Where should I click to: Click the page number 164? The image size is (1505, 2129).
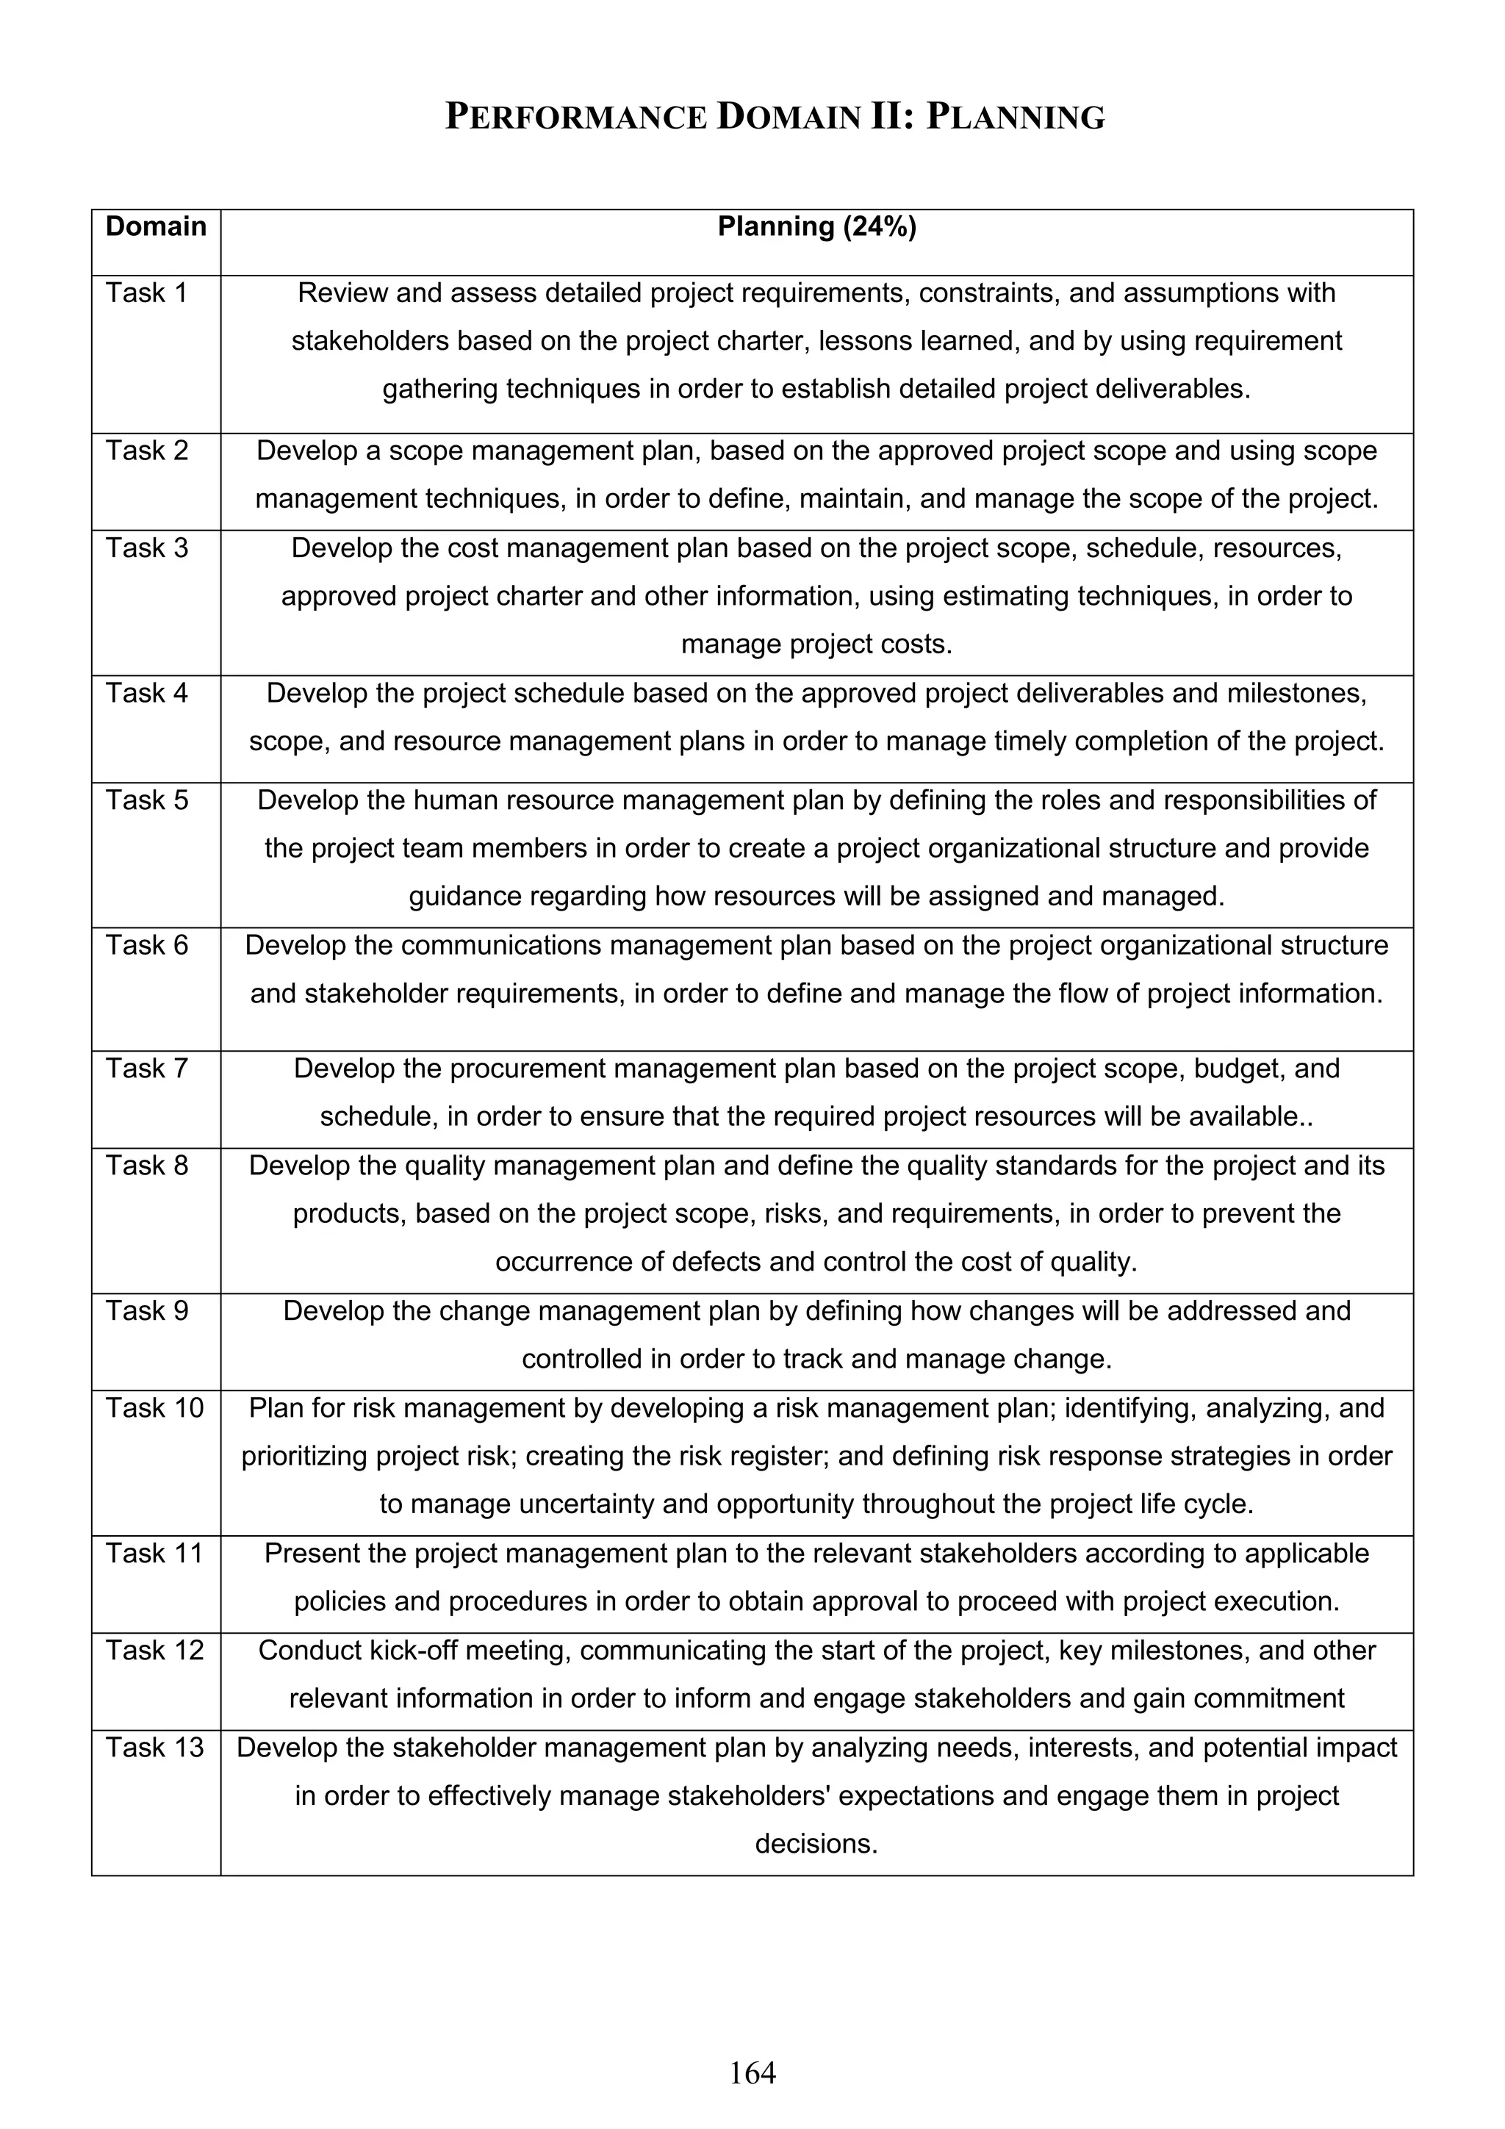point(752,2072)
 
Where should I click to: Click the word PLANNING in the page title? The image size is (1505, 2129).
point(1016,118)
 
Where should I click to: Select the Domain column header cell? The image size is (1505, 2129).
point(156,227)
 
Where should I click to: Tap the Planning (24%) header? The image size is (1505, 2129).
point(816,227)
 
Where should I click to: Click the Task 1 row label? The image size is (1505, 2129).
point(146,293)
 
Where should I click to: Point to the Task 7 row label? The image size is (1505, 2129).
point(146,1069)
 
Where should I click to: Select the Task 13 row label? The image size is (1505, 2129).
point(154,1747)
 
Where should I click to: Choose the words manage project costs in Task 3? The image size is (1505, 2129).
point(816,645)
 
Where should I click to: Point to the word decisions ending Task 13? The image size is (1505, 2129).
point(816,1843)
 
